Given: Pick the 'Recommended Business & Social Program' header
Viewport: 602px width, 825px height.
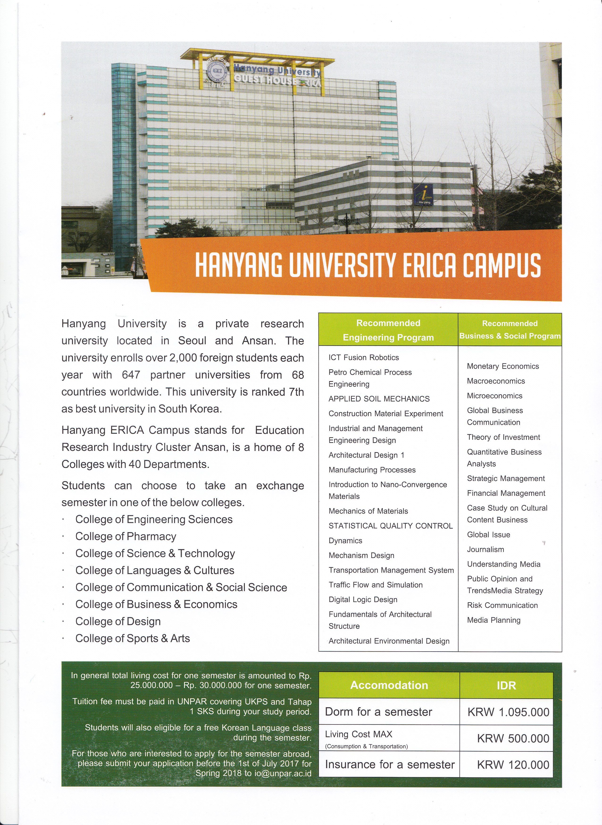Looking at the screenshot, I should (x=510, y=330).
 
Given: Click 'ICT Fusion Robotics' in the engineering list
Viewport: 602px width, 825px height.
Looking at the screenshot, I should (x=364, y=357).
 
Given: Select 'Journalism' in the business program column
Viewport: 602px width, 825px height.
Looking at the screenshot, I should (x=485, y=549).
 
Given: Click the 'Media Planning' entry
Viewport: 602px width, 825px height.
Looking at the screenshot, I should (x=494, y=620).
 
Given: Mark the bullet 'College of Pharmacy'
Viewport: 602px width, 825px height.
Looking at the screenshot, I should (x=126, y=537).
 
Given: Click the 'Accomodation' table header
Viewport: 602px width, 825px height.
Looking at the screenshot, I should (x=389, y=685).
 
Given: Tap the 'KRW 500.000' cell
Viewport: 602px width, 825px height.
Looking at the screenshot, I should (x=513, y=739).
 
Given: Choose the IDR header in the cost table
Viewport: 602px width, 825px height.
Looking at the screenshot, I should (x=506, y=685).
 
